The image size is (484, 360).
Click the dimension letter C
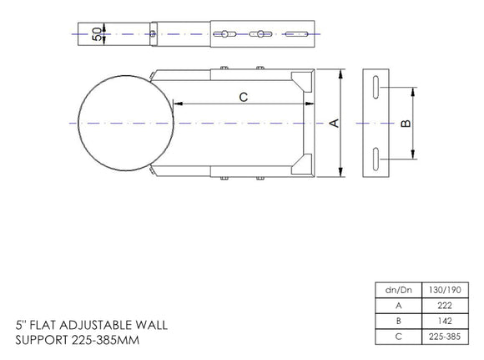(x=243, y=97)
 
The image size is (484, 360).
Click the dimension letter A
(x=334, y=124)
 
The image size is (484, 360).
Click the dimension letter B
(x=406, y=124)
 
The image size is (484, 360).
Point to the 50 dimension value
(x=97, y=34)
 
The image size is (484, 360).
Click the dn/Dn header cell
(x=397, y=290)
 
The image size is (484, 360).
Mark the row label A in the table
(x=397, y=305)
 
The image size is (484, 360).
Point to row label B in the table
(x=397, y=320)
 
